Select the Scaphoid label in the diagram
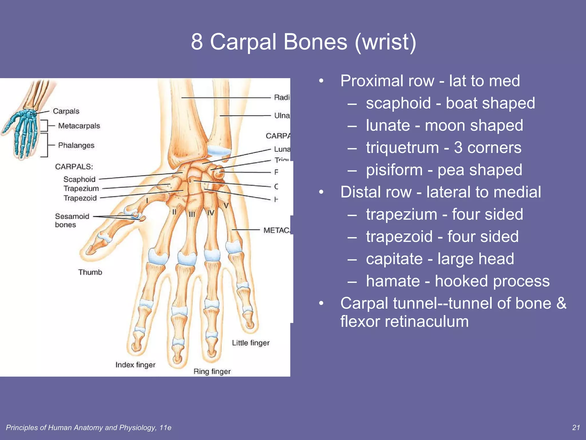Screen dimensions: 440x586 tap(79, 179)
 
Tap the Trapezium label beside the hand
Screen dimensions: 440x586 tap(81, 188)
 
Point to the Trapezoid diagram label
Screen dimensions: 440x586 tap(80, 198)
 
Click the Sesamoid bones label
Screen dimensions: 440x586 tap(72, 220)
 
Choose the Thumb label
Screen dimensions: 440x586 tap(90, 272)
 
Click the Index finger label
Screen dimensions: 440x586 tap(135, 365)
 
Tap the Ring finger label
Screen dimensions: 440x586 tap(212, 372)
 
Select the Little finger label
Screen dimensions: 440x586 tap(251, 343)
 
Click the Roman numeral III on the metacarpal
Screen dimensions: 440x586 tap(192, 214)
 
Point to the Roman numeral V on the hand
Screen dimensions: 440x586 tap(226, 205)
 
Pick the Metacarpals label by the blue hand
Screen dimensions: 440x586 tap(79, 126)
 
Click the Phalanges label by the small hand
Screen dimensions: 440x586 tap(76, 146)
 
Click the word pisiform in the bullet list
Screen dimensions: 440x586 tap(394, 170)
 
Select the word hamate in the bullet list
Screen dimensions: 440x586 tap(393, 281)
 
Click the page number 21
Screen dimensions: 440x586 tap(576, 428)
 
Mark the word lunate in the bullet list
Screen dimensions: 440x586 tap(388, 126)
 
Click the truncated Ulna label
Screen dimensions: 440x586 tap(282, 116)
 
